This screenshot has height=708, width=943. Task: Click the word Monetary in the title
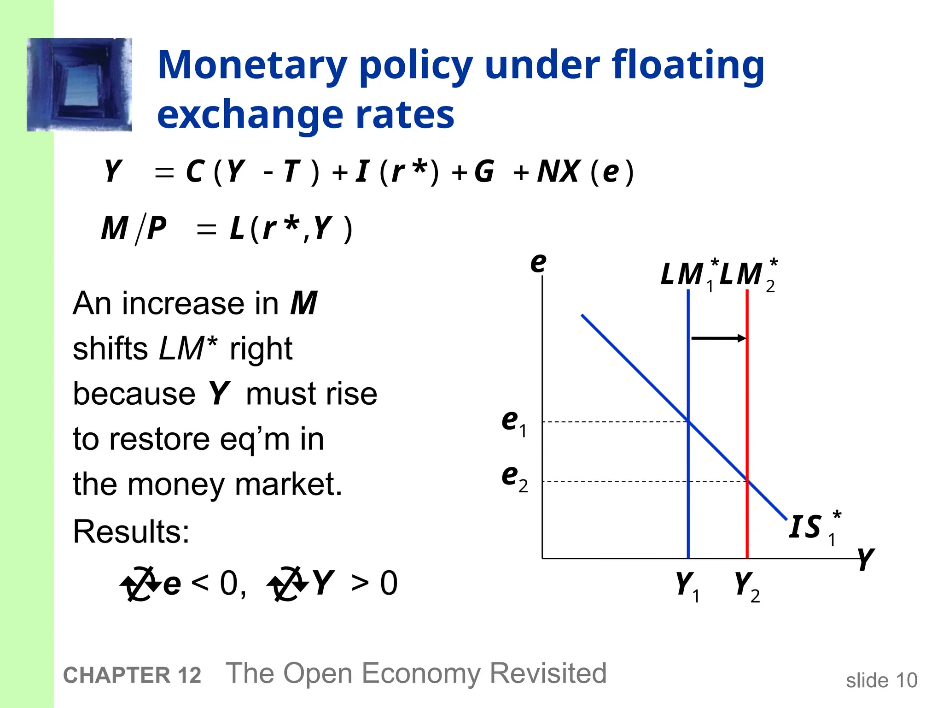(252, 66)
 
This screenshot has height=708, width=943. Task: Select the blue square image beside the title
(79, 85)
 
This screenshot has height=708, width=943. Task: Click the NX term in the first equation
(558, 171)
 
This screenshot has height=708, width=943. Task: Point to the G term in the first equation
(484, 171)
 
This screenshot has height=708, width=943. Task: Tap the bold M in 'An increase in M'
(303, 303)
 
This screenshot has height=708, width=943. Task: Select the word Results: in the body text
(131, 531)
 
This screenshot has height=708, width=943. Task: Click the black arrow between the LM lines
(718, 338)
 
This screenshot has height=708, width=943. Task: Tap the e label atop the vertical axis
(538, 262)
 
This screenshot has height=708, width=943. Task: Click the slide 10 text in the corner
(881, 680)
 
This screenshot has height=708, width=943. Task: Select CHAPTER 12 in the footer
(132, 675)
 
